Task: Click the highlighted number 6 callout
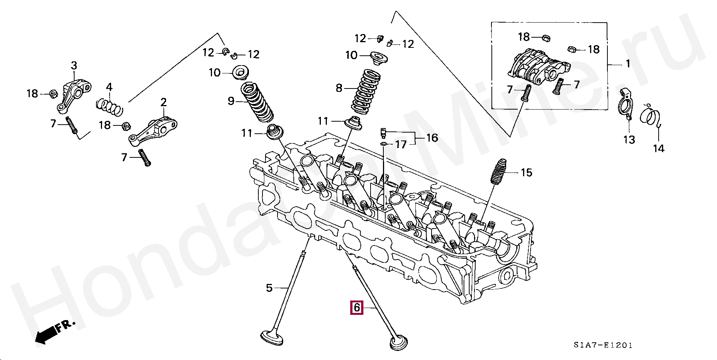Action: click(x=356, y=308)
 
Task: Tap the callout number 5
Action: click(x=269, y=288)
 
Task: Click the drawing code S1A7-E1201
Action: click(x=603, y=345)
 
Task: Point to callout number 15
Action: click(x=526, y=173)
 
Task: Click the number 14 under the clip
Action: click(x=658, y=148)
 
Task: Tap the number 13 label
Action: click(x=629, y=140)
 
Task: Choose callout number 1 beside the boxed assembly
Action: click(x=628, y=64)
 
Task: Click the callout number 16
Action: click(x=432, y=138)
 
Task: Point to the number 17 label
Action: click(x=401, y=144)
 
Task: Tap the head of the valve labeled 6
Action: click(x=398, y=343)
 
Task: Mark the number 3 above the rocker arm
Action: click(x=74, y=66)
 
